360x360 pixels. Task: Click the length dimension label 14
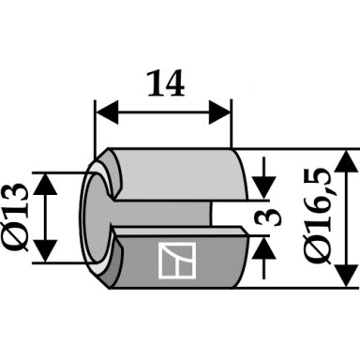(166, 83)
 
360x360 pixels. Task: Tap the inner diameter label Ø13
(15, 217)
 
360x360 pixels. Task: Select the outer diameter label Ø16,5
(320, 217)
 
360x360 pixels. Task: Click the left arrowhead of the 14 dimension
(107, 112)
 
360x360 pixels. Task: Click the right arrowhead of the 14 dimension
(219, 112)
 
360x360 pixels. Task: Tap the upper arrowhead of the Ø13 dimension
(46, 184)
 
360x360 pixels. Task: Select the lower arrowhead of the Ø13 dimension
(46, 251)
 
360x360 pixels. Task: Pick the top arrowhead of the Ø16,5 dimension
(346, 161)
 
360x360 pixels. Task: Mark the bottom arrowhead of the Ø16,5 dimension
(346, 276)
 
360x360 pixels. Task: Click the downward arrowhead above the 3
(264, 187)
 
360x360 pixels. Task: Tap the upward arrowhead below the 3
(264, 247)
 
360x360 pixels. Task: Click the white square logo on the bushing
(177, 261)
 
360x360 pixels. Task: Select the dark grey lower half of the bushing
(181, 261)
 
